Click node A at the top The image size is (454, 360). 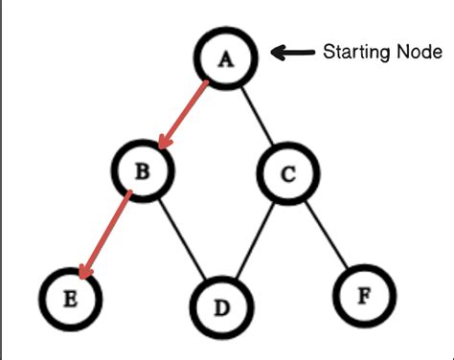point(227,59)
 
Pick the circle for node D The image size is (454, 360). point(222,308)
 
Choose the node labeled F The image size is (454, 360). point(363,294)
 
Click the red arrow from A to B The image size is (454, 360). point(186,115)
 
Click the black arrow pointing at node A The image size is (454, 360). point(294,54)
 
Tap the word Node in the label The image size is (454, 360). point(419,53)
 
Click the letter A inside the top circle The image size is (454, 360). point(227,59)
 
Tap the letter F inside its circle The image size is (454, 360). point(363,294)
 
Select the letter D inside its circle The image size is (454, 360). point(222,308)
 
